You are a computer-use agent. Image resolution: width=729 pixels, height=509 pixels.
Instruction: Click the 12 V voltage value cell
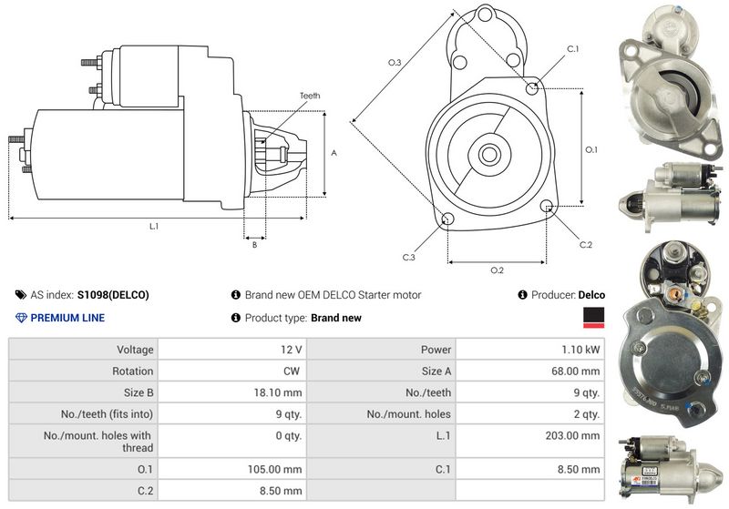point(293,349)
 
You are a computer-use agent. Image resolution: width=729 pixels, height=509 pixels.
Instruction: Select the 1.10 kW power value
point(580,349)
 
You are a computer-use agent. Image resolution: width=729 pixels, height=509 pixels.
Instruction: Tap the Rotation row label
point(133,371)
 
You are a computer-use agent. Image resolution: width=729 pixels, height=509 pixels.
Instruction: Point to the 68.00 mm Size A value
point(577,371)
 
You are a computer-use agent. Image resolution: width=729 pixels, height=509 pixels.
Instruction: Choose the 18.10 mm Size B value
point(280,392)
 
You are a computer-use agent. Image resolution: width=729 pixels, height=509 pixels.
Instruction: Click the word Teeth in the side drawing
point(310,96)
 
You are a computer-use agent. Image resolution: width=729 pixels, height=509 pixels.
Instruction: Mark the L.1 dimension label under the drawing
point(154,226)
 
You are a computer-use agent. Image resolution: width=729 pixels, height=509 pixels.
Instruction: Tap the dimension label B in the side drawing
point(254,244)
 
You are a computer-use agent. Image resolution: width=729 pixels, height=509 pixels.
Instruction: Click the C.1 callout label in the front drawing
point(573,47)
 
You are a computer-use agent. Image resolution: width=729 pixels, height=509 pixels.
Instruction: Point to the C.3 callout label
point(409,258)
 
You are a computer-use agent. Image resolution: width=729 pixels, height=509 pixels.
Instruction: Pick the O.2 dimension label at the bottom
point(498,270)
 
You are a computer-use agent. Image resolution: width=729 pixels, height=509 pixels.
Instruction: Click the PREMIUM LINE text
point(67,318)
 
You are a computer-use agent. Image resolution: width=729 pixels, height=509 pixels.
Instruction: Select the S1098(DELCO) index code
point(113,295)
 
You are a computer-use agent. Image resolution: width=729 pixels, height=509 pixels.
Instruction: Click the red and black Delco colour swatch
point(593,317)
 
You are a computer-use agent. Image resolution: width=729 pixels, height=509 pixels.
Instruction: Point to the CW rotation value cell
point(293,371)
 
